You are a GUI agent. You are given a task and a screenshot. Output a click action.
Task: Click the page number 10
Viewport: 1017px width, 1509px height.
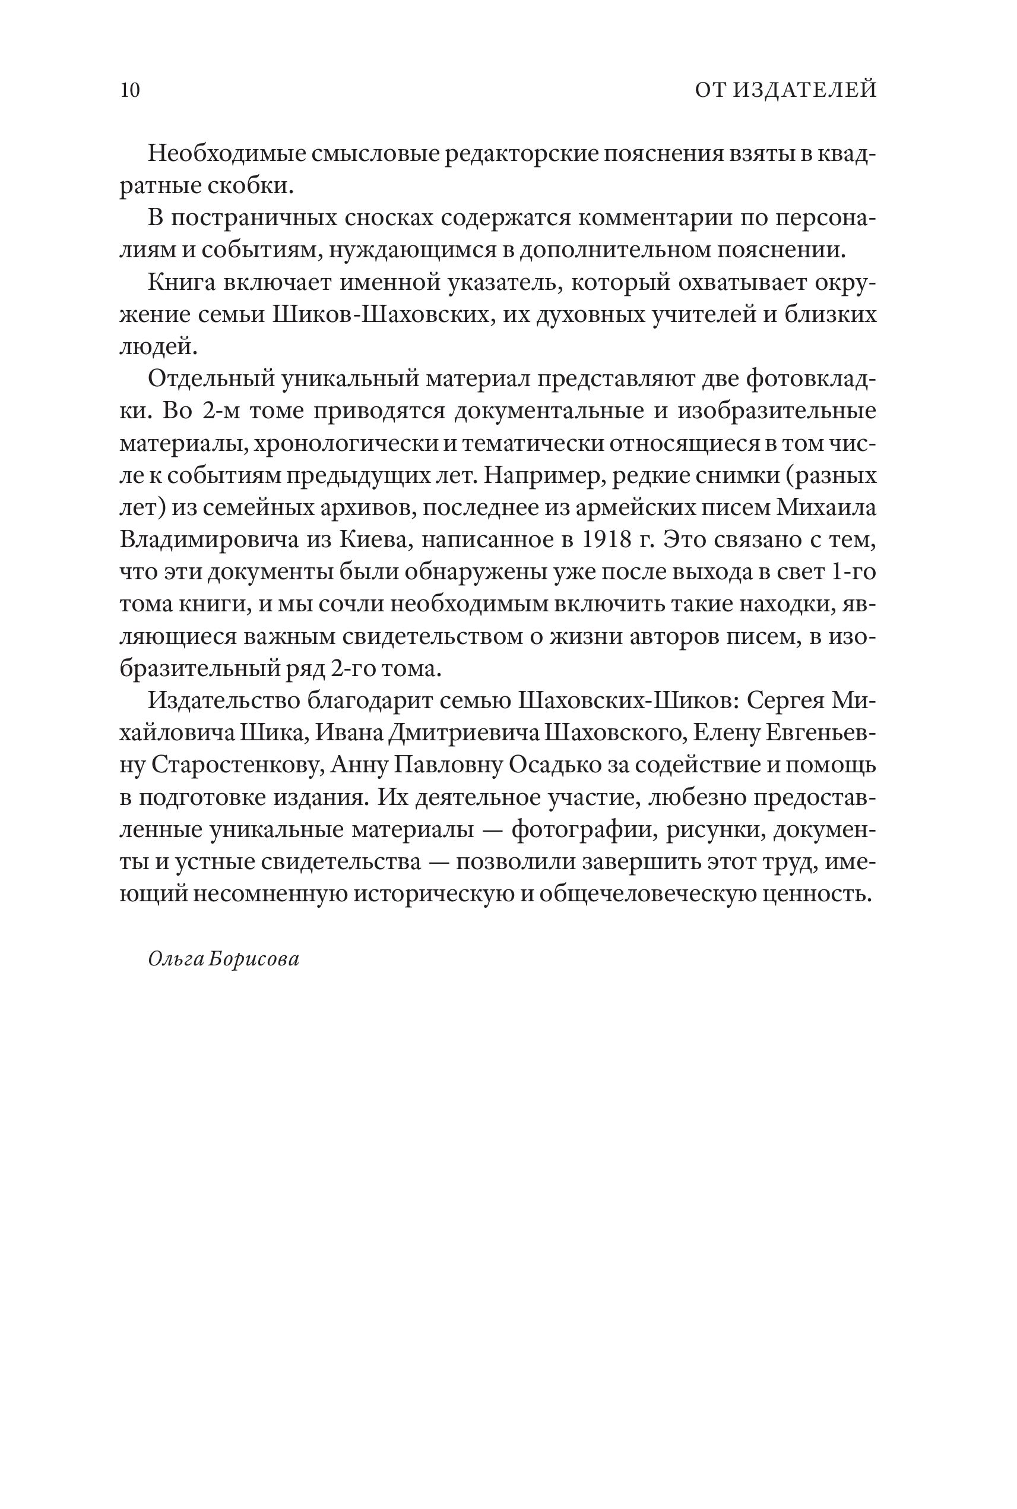pos(129,90)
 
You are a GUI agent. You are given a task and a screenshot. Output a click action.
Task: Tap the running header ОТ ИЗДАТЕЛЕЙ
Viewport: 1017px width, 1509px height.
pos(785,90)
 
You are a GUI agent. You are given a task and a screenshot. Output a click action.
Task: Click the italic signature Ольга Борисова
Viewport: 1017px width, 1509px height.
pos(224,959)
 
